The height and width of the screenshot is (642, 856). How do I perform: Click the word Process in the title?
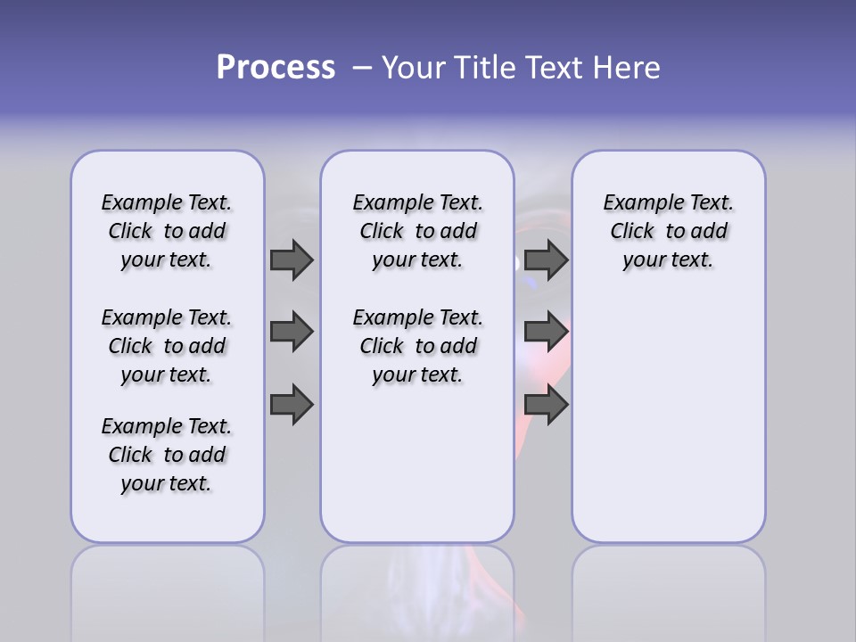click(x=276, y=68)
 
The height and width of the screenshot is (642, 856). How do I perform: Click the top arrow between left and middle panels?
click(x=292, y=260)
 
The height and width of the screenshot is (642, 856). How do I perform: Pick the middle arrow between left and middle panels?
click(x=292, y=332)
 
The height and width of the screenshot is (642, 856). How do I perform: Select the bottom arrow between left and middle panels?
click(x=292, y=405)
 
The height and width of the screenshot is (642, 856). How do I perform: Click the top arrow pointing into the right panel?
click(x=546, y=260)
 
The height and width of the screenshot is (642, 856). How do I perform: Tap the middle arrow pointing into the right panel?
click(x=546, y=332)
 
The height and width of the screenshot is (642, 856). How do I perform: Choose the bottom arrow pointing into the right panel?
click(x=546, y=405)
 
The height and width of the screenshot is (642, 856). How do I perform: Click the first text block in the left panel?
click(x=167, y=231)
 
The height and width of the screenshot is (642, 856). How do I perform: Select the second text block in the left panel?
click(x=167, y=346)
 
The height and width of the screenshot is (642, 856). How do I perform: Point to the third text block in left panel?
click(x=167, y=455)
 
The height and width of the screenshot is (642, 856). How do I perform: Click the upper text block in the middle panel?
click(x=417, y=231)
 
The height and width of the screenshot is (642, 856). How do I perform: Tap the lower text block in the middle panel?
click(x=417, y=346)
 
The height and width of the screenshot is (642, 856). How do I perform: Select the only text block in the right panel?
click(x=668, y=231)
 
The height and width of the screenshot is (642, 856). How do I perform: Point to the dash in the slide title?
click(x=361, y=68)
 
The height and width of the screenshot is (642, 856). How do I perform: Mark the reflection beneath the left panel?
click(x=168, y=588)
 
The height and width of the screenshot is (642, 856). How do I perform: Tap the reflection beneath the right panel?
click(x=668, y=588)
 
